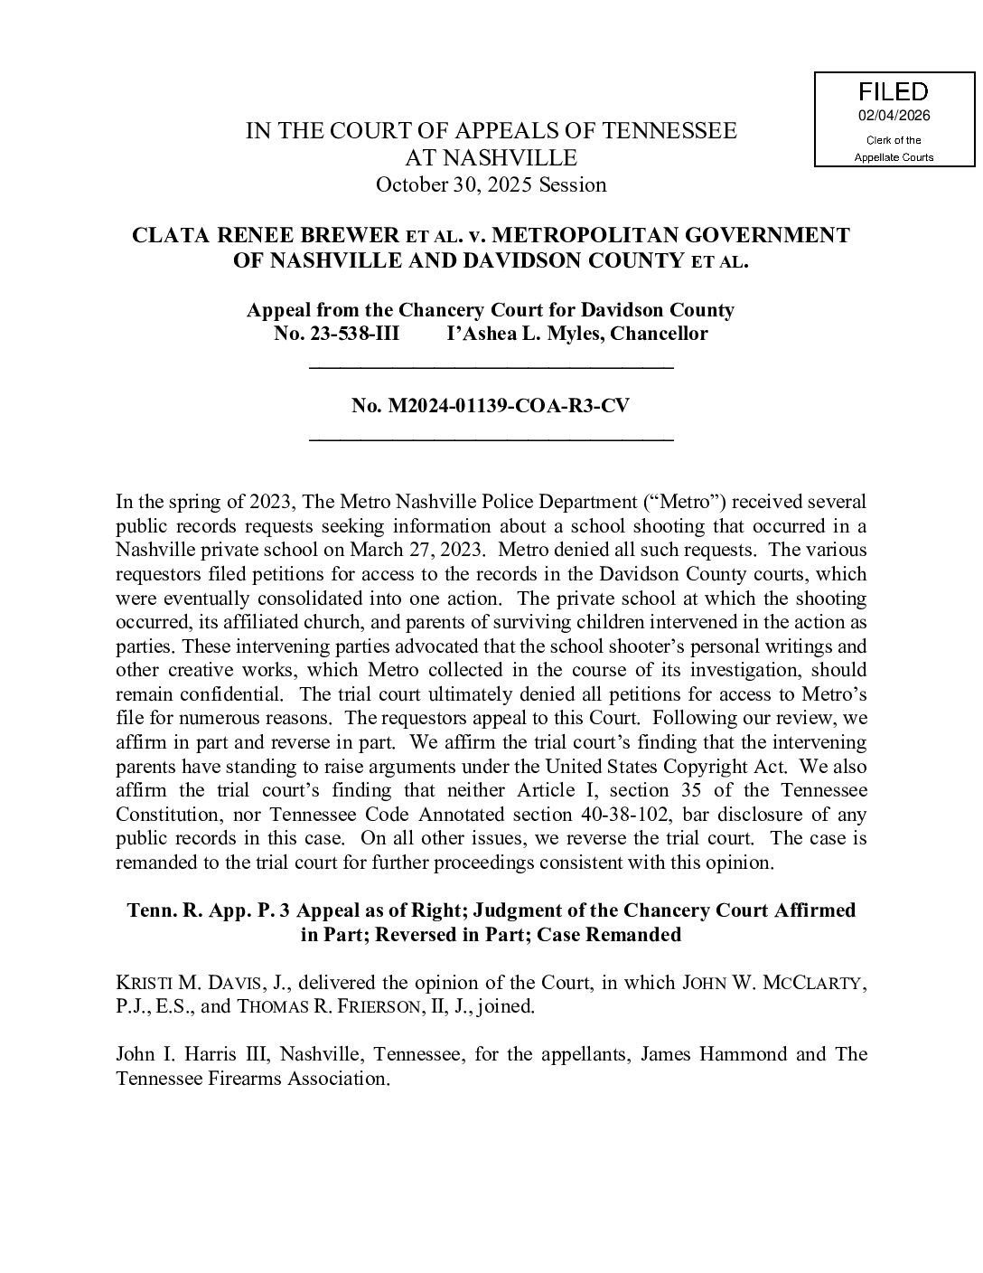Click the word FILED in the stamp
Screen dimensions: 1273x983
[x=893, y=91]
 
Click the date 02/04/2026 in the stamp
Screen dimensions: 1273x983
[x=894, y=116]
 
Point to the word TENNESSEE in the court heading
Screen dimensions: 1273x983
[x=669, y=131]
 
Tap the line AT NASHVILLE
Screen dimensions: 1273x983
[x=491, y=158]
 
